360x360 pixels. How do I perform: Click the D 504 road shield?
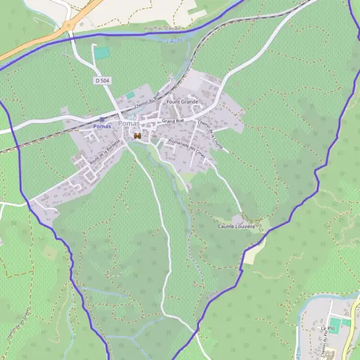coord(102,80)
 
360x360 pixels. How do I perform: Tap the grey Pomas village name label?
coord(129,124)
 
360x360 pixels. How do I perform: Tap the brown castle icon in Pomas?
coord(137,136)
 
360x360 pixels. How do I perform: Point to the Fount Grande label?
coord(182,102)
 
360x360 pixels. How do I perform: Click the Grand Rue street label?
coord(172,121)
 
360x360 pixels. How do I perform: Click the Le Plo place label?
coord(327,329)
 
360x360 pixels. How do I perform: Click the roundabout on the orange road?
coord(70,25)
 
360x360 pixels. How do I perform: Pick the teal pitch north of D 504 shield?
coord(103,53)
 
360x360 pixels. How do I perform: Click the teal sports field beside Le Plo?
coord(338,325)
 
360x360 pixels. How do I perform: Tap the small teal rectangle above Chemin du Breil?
coord(130,95)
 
